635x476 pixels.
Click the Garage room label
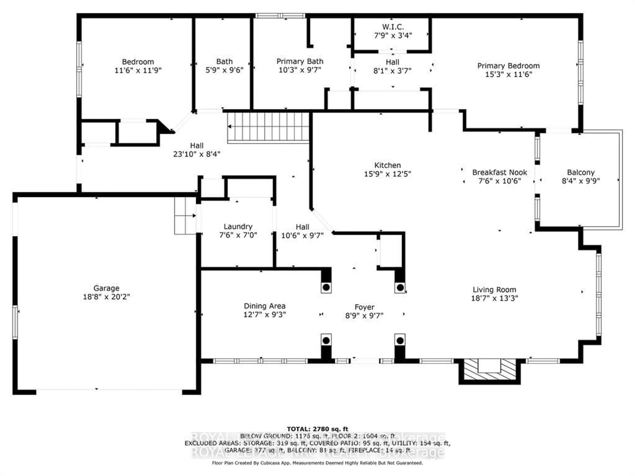106,288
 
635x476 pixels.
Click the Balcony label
580,172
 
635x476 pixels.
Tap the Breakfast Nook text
500,172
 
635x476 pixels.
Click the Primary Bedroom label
508,66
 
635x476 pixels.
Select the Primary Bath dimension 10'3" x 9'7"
300,70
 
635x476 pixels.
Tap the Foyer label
364,307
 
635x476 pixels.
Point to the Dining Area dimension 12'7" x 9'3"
264,315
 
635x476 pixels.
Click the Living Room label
494,290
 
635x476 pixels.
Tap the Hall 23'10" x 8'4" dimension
197,154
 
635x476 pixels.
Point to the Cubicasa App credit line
317,463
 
